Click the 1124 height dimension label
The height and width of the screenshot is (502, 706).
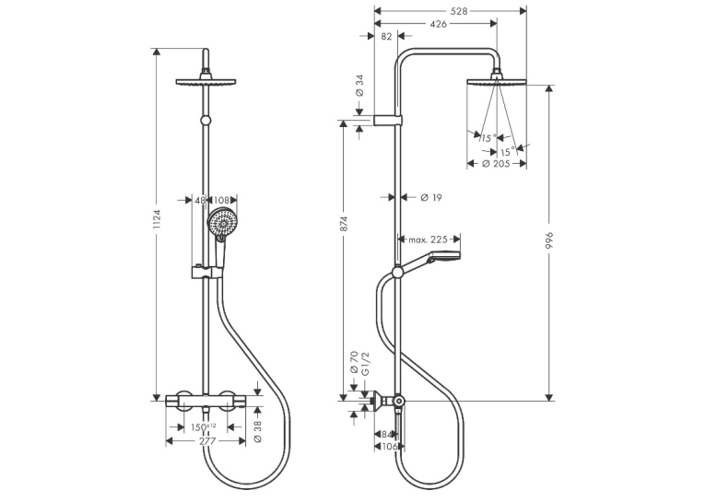157,219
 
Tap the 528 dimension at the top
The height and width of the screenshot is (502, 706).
459,11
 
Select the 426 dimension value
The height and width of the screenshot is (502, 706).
438,24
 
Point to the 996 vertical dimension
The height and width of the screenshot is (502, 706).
549,242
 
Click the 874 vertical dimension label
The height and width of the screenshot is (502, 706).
344,224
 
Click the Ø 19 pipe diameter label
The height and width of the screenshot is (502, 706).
431,197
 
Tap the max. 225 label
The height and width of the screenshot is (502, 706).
429,239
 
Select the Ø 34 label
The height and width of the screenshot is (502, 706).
359,86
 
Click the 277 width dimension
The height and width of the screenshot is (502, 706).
207,441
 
